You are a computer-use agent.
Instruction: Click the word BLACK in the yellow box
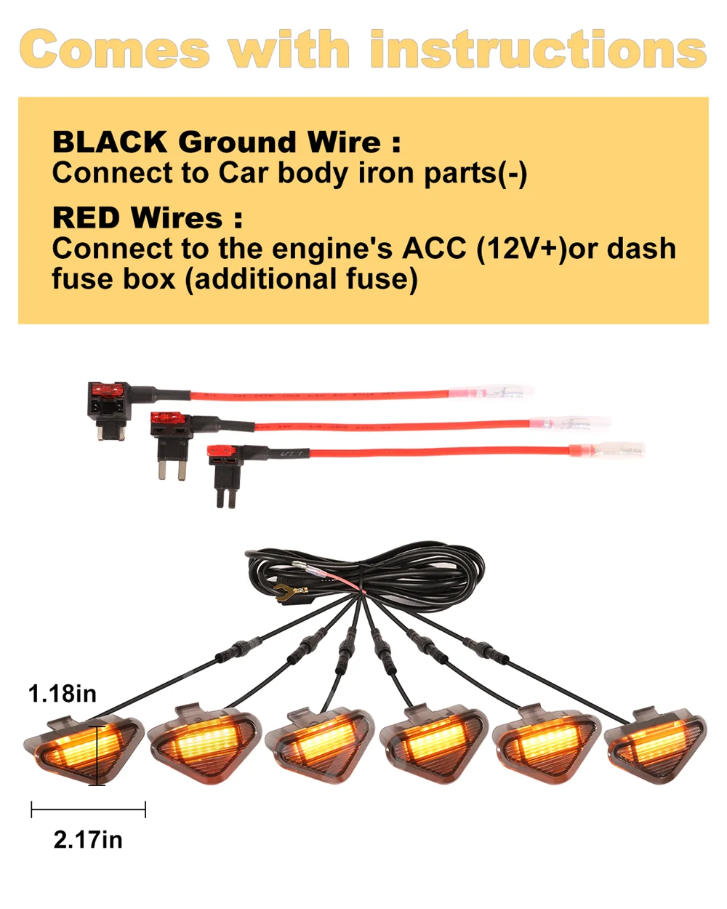tap(110, 142)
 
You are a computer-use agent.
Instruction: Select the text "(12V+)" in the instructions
tap(521, 249)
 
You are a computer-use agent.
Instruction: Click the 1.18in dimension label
tap(62, 694)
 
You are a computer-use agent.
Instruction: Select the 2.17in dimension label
tap(88, 840)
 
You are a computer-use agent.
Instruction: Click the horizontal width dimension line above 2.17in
tap(88, 809)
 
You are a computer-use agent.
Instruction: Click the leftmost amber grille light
tap(81, 749)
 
